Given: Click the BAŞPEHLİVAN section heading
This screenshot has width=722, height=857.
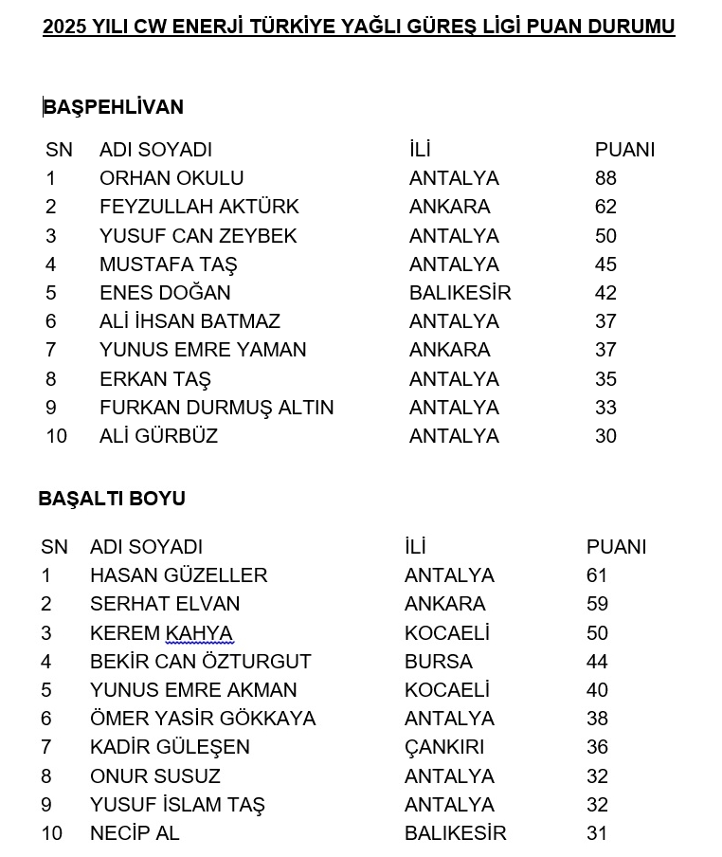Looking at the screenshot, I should pyautogui.click(x=113, y=107).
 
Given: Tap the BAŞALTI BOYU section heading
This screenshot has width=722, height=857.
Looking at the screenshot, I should pyautogui.click(x=112, y=499).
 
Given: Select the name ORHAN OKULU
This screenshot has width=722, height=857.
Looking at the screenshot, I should pyautogui.click(x=171, y=178).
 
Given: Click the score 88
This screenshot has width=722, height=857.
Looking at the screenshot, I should pyautogui.click(x=605, y=178).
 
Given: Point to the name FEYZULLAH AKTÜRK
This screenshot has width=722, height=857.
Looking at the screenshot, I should pyautogui.click(x=199, y=207).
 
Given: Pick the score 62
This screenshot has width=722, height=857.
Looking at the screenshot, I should pyautogui.click(x=605, y=207).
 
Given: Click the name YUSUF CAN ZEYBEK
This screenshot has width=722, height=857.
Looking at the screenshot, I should pyautogui.click(x=198, y=236).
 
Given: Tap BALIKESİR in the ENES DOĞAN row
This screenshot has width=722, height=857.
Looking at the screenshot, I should pyautogui.click(x=460, y=293).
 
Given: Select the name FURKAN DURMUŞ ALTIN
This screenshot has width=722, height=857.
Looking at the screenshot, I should pyautogui.click(x=216, y=408).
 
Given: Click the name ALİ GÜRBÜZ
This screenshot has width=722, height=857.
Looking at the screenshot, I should pyautogui.click(x=158, y=436).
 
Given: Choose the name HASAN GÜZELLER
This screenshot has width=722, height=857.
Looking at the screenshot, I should pyautogui.click(x=178, y=575).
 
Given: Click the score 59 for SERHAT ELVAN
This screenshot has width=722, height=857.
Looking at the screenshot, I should pyautogui.click(x=597, y=604).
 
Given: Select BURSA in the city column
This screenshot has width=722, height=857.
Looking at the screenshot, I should pyautogui.click(x=438, y=662).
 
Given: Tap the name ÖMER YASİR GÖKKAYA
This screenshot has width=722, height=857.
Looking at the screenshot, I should pyautogui.click(x=202, y=719).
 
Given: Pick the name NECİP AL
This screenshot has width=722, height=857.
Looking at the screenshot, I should pyautogui.click(x=134, y=833).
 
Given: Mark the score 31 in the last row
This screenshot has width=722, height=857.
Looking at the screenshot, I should pyautogui.click(x=597, y=833).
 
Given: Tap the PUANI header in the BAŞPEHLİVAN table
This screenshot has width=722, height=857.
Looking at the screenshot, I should pyautogui.click(x=624, y=150).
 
